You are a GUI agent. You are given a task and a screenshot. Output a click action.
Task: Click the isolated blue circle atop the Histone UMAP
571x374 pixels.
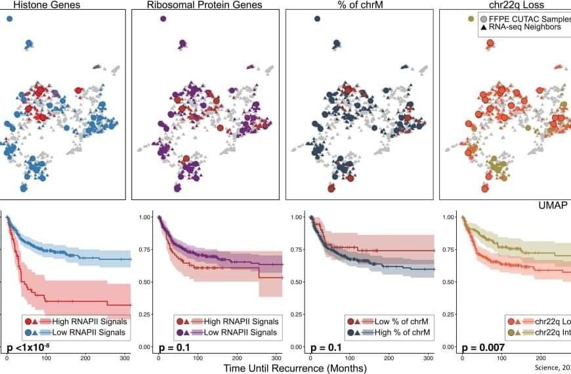coord(10,19)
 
